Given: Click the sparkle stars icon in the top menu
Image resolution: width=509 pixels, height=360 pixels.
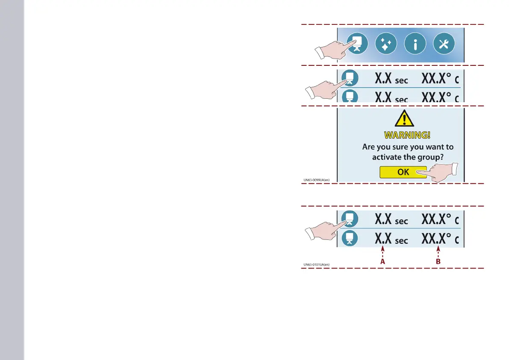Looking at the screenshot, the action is (386, 44).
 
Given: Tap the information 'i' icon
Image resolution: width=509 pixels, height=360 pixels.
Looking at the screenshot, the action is (415, 44).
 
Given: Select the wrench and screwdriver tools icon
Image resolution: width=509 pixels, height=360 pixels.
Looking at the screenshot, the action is (444, 44).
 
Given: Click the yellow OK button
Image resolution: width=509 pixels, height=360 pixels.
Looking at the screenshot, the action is (403, 172).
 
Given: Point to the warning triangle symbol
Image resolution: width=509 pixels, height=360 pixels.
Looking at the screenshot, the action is (404, 119).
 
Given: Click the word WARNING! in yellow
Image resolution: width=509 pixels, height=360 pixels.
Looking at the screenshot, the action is (407, 136).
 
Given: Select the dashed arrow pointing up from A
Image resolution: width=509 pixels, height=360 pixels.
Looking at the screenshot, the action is (383, 251).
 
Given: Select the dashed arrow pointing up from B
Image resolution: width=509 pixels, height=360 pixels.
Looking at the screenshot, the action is (438, 251).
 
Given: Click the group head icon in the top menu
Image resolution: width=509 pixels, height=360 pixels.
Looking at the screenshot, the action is (357, 44).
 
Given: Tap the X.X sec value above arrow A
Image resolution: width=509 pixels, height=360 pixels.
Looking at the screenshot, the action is (391, 239).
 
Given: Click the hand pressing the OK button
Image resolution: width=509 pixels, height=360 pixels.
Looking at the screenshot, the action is (440, 173).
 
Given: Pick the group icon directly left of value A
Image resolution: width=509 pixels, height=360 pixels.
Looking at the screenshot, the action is (349, 238).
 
